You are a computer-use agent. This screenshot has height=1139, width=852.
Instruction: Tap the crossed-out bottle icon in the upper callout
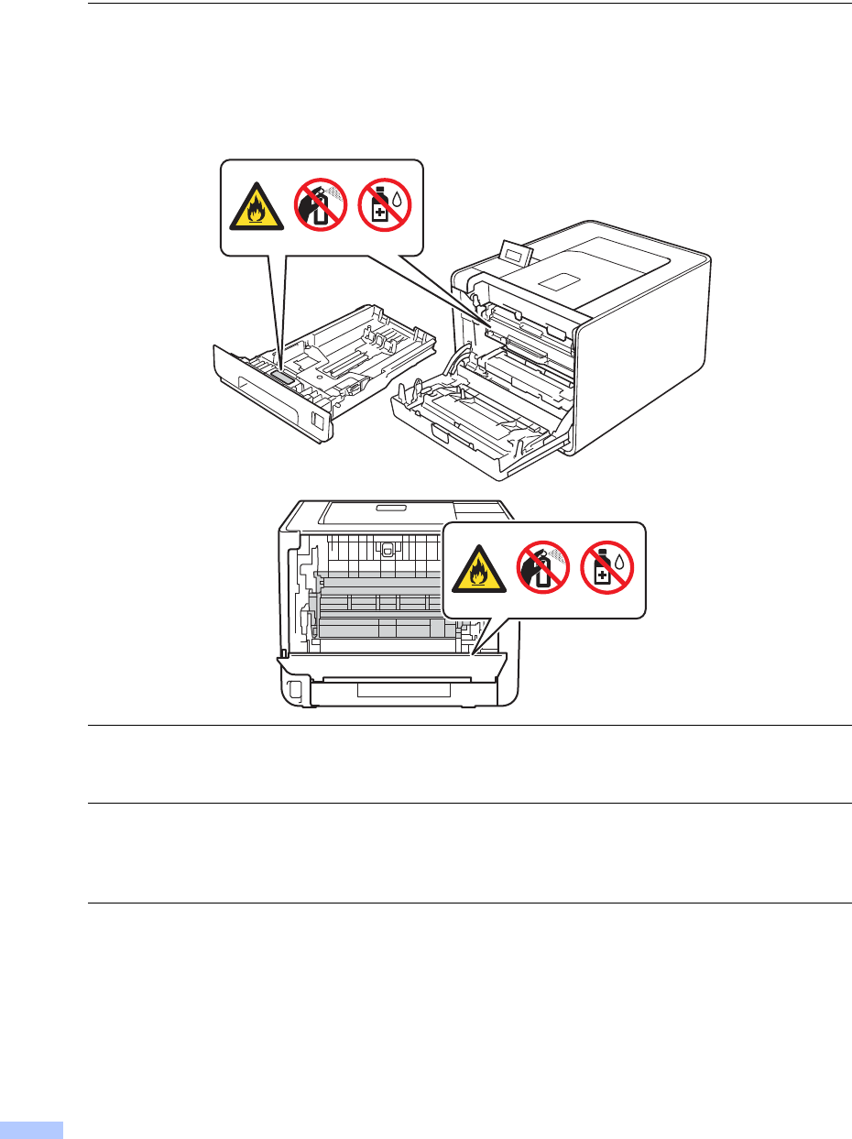[x=384, y=204]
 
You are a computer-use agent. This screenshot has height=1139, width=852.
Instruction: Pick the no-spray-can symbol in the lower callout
[x=541, y=566]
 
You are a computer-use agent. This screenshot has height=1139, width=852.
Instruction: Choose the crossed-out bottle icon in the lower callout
[x=606, y=566]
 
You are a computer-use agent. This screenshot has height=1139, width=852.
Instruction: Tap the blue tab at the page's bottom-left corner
[x=31, y=1129]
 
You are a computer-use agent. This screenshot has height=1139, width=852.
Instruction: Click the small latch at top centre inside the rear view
[x=387, y=551]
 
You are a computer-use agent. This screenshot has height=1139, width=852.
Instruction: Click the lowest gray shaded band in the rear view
[x=385, y=629]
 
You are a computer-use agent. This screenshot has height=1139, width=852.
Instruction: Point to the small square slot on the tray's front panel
[x=317, y=422]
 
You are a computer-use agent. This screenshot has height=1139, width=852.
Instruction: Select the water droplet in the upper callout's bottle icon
[x=398, y=197]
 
